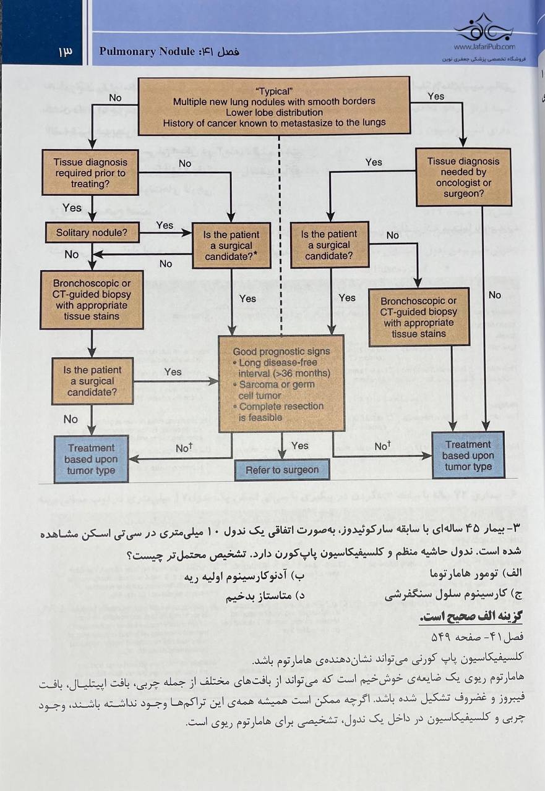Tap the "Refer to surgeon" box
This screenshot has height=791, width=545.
pos(282,470)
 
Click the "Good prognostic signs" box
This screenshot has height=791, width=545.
pos(281,383)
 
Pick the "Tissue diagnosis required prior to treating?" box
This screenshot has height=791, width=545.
pos(91,173)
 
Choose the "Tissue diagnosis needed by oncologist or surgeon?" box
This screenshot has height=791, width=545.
pos(463,177)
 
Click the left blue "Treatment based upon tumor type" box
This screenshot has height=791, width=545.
pos(91,459)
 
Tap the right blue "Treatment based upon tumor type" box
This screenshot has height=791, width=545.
pos(468,455)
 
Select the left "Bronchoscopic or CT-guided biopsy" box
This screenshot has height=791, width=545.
pos(92,300)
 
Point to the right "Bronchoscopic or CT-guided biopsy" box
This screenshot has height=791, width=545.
pos(418,317)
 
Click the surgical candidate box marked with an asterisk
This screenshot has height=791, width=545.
pos(231,245)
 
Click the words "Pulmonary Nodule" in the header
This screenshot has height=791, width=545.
pos(147,52)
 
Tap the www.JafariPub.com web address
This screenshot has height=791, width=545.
pos(484,46)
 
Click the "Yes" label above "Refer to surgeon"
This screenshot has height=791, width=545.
pos(299,446)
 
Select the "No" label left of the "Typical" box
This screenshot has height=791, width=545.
pos(115,98)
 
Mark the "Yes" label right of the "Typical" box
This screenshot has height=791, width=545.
pos(436,96)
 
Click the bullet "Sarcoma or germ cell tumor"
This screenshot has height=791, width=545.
pos(277,389)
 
